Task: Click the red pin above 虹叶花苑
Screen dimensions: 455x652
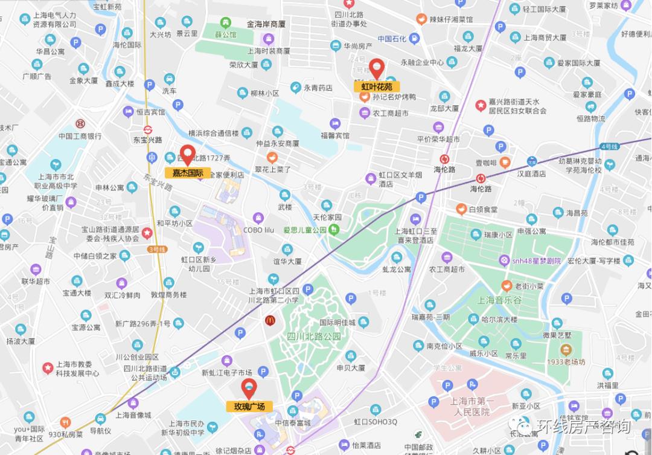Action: [x=377, y=68]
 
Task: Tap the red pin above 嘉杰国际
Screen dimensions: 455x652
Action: [x=188, y=155]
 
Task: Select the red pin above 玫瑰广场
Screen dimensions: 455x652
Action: [x=249, y=388]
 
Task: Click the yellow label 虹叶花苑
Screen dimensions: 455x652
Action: [x=377, y=87]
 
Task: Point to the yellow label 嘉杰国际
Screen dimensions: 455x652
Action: [x=188, y=173]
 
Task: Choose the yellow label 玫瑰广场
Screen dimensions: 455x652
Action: [x=249, y=407]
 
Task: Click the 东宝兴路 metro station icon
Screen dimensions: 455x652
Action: [x=148, y=129]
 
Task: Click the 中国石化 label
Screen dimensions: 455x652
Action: [x=392, y=39]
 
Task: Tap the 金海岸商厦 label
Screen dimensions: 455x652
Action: [x=266, y=25]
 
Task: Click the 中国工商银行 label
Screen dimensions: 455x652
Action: [x=80, y=136]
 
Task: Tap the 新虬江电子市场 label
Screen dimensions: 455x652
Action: [x=226, y=373]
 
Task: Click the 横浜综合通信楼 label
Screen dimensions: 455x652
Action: [x=213, y=134]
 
